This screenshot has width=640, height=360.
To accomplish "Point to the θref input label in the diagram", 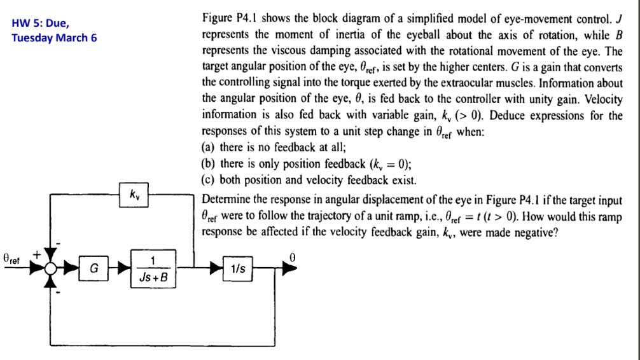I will pos(13,260).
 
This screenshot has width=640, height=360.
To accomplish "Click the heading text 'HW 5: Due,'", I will pos(39,24).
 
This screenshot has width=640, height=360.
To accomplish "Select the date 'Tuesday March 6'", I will pos(54,38).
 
